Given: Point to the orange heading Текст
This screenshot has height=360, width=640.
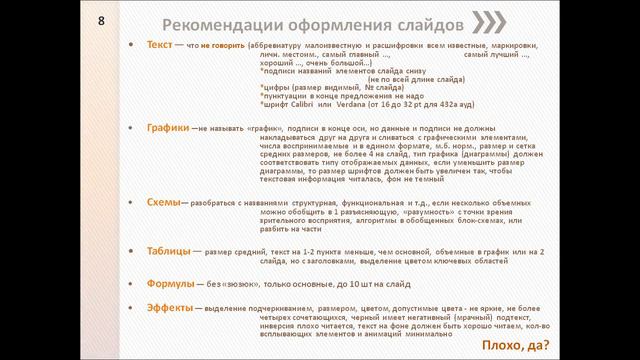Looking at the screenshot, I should pos(158,46).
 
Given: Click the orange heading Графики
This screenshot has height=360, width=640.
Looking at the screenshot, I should pos(167,129).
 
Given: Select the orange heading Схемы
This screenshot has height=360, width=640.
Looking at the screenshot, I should pos(163,202).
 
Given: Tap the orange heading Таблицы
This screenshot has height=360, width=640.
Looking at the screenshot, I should pos(169,251).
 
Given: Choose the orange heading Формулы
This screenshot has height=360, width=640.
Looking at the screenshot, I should pos(171,283).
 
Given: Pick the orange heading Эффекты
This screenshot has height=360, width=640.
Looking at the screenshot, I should pos(169,307).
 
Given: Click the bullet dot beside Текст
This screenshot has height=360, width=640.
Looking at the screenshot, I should pos(137,47).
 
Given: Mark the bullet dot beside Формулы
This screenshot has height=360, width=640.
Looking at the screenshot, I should pos(137,284).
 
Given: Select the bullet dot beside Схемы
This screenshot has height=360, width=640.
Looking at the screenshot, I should pos(137,203).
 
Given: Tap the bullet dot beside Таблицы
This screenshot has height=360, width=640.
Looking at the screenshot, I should pos(137,252).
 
